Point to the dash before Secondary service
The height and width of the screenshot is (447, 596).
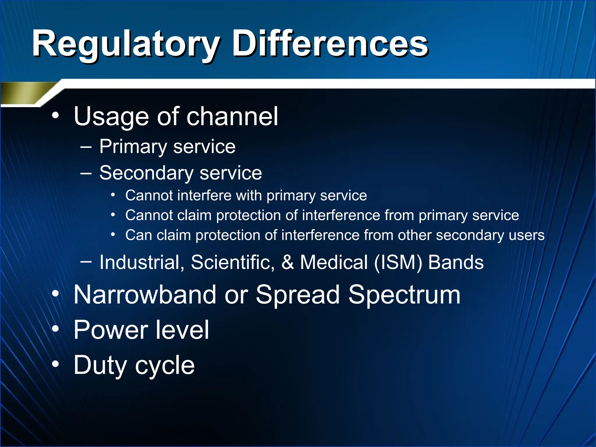[x=86, y=173]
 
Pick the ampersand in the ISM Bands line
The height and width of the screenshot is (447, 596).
[x=287, y=262]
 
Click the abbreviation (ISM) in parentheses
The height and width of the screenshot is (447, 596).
[x=398, y=262]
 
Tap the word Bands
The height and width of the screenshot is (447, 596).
[x=456, y=262]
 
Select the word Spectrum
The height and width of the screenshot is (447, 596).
[x=404, y=295]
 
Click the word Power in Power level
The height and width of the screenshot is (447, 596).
[x=110, y=330]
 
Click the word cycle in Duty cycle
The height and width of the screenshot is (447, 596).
[x=165, y=366]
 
